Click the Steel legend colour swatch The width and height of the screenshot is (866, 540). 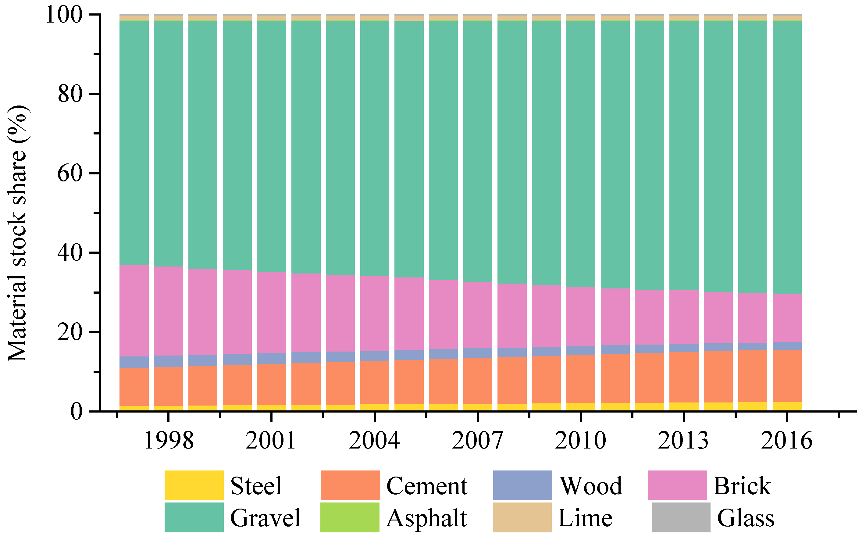point(194,485)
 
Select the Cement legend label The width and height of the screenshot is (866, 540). point(426,486)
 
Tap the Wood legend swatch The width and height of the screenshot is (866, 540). point(522,485)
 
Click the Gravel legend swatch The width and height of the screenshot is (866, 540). point(194,517)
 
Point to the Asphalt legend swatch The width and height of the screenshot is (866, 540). point(350,517)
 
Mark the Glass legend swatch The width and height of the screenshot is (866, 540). point(681,517)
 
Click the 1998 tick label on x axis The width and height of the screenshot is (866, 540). point(169,441)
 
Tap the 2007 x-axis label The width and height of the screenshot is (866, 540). point(477,441)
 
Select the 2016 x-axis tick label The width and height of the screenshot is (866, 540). point(786,441)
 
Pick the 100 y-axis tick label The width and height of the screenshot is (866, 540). point(64,15)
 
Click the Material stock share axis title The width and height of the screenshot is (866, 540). point(17,234)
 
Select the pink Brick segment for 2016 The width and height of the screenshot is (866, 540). point(787,318)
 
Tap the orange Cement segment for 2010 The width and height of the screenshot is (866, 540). point(581,379)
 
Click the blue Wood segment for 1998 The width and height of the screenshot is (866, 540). point(169,361)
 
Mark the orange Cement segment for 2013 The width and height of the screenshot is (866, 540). point(684,377)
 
